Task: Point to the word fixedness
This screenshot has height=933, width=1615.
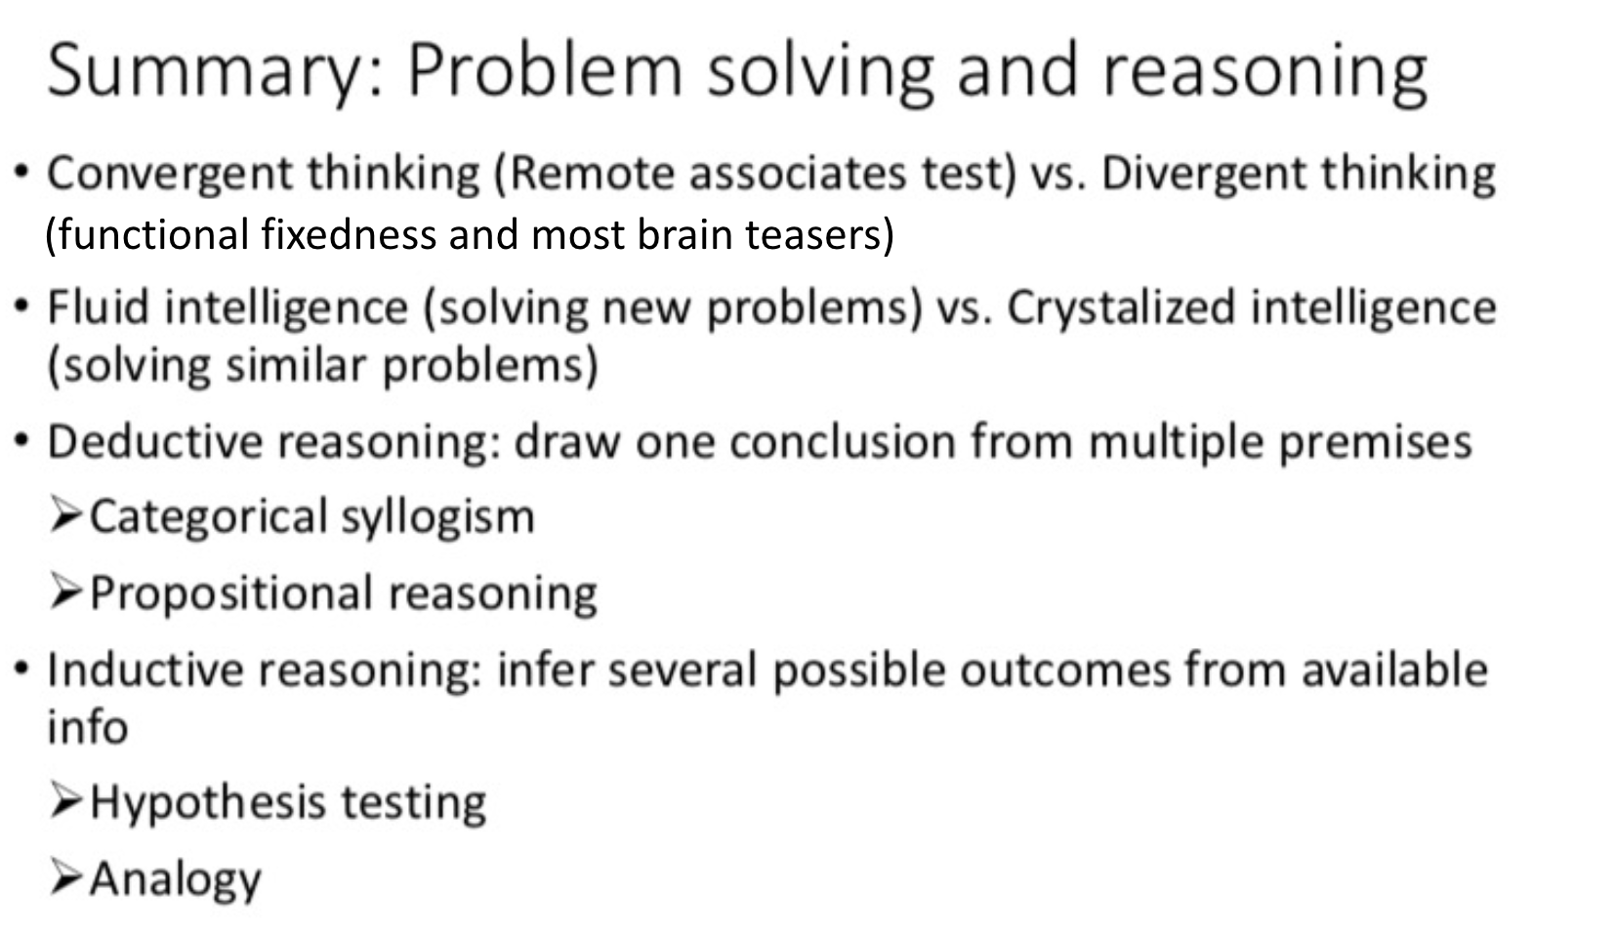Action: coord(349,235)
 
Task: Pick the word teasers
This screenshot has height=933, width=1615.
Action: coord(819,235)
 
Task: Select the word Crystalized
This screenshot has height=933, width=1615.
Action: coord(1121,307)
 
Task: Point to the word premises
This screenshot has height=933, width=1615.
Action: coord(1375,442)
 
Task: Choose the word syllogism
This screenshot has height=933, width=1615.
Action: coord(437,517)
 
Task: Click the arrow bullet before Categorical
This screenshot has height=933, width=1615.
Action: coord(65,515)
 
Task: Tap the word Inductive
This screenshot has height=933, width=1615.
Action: coord(146,670)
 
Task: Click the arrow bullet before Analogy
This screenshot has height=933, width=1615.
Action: coord(65,875)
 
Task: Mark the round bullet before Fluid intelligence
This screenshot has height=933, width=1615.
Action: coord(22,306)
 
